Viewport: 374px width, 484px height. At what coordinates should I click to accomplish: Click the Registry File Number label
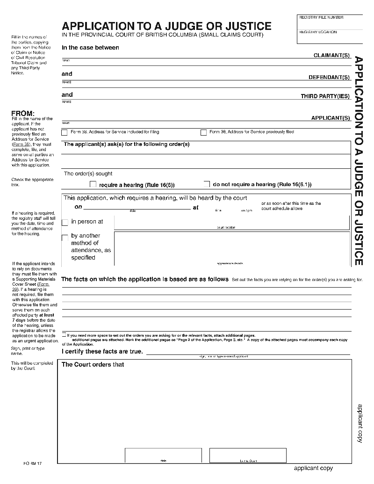tap(321, 17)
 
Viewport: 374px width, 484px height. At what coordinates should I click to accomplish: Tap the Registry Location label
tap(318, 32)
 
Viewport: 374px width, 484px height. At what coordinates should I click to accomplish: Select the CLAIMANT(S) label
tap(331, 56)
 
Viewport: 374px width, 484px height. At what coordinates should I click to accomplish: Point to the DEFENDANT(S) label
tap(329, 77)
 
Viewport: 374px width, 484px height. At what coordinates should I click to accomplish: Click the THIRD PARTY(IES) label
tap(325, 96)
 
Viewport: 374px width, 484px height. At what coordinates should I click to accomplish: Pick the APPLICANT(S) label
tap(331, 118)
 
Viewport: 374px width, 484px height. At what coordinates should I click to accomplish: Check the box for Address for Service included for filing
tap(65, 132)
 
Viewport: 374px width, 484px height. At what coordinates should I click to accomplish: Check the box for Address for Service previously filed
tap(203, 132)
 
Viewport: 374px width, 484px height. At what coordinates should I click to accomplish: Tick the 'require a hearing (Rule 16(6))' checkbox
tap(93, 184)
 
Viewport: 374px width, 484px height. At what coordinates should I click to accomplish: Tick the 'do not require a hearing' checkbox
tap(207, 184)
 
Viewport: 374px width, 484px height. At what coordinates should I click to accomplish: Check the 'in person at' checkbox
tap(65, 222)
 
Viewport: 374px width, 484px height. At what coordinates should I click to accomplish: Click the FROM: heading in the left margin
tap(23, 113)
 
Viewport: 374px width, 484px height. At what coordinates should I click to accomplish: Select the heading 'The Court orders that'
tap(93, 364)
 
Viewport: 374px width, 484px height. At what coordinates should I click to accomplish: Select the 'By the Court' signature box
tap(248, 455)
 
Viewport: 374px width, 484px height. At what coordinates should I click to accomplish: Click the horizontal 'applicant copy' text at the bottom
tap(313, 468)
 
